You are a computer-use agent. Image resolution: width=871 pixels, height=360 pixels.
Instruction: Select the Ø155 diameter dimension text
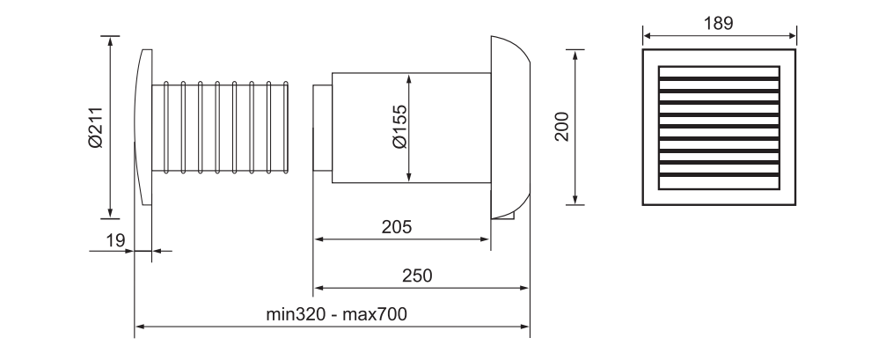pos(399,127)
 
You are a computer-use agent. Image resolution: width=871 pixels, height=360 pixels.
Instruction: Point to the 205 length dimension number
pos(396,226)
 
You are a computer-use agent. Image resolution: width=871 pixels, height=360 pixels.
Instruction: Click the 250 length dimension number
pos(418,275)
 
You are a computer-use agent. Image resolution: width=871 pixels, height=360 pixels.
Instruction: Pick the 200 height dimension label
pos(562,127)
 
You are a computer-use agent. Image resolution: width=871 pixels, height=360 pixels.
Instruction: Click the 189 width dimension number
pos(719,22)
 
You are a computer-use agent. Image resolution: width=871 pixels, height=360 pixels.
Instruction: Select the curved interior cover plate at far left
pos(144,127)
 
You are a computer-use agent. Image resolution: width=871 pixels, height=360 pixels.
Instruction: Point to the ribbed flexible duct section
pos(224,127)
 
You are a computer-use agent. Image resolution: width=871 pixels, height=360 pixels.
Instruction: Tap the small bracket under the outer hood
pos(503,213)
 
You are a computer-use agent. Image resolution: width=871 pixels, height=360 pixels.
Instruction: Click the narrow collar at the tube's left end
pos(322,127)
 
